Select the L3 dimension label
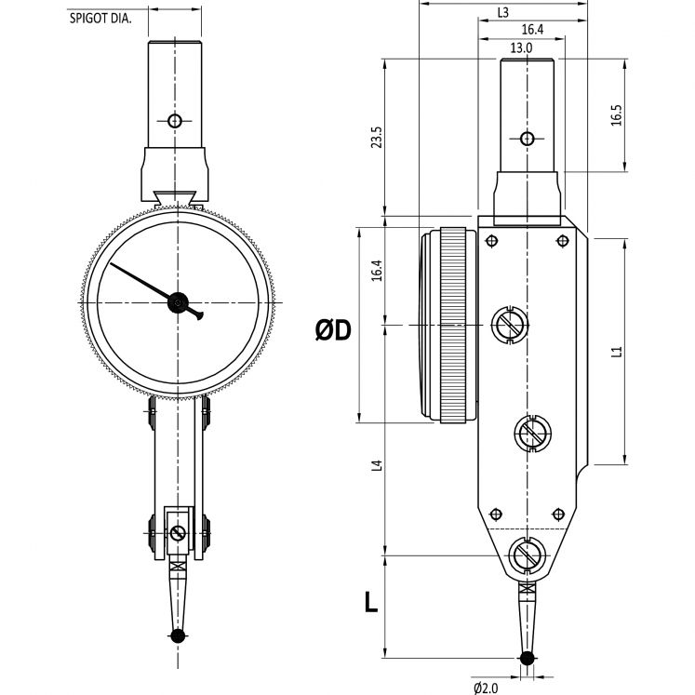pyautogui.click(x=502, y=13)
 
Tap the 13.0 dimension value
pyautogui.click(x=521, y=47)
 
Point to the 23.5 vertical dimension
pyautogui.click(x=376, y=138)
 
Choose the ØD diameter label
pyautogui.click(x=333, y=329)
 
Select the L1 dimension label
pyautogui.click(x=616, y=352)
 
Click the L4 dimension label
pyautogui.click(x=376, y=464)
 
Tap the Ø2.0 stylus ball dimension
pyautogui.click(x=488, y=688)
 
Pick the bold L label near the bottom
pyautogui.click(x=370, y=602)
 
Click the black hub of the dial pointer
pyautogui.click(x=177, y=301)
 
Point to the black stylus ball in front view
pyautogui.click(x=177, y=636)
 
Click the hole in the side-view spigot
pyautogui.click(x=528, y=140)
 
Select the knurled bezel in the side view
pyautogui.click(x=454, y=326)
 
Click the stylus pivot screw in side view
pyautogui.click(x=528, y=556)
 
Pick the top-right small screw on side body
pyautogui.click(x=562, y=242)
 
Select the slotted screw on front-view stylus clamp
pyautogui.click(x=177, y=533)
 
